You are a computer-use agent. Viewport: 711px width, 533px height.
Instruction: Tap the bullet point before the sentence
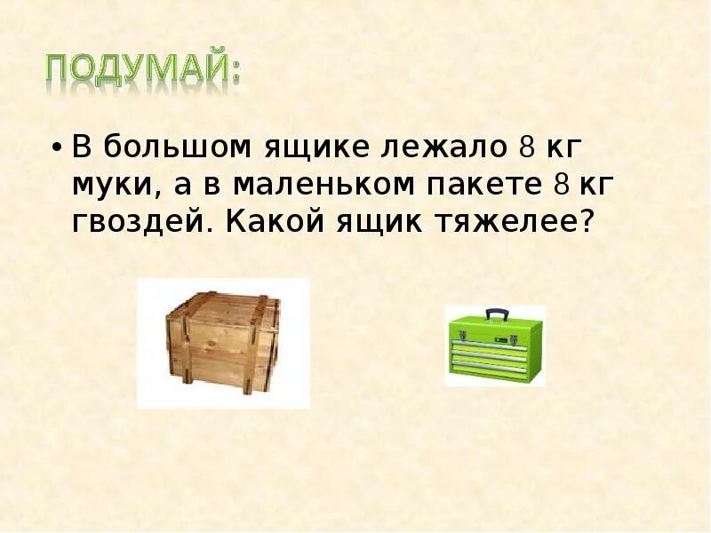point(57,147)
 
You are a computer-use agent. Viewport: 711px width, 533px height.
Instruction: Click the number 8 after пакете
point(560,184)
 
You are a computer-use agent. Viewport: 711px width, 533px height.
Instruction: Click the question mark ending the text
point(584,220)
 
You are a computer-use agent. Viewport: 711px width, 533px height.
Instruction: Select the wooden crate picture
point(222,343)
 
